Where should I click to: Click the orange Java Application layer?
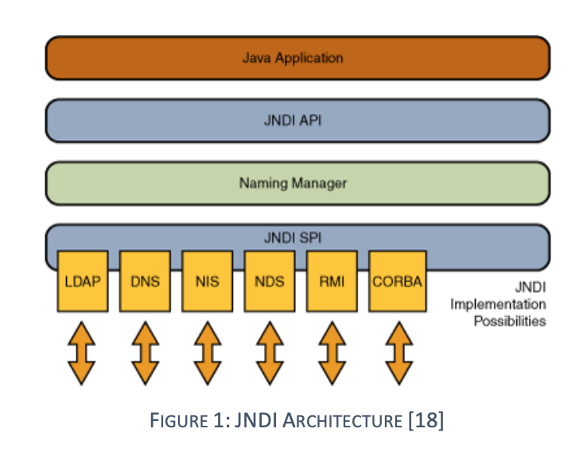297,58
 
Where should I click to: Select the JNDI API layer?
297,121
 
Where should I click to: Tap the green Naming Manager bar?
297,183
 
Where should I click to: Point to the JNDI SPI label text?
293,238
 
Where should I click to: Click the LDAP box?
83,281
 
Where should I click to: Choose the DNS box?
146,281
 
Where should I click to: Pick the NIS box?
208,281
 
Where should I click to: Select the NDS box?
270,281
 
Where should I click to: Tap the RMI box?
332,281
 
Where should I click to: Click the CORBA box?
398,281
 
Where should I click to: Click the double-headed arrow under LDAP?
82,353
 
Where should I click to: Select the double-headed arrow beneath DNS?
146,353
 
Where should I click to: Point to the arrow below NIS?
208,353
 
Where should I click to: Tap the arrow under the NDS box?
270,353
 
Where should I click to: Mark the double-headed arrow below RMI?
332,353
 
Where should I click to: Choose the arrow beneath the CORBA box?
399,353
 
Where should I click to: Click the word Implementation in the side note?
498,305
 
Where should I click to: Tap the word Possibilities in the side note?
510,321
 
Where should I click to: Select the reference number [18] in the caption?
426,420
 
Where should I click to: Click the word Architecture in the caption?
343,420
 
